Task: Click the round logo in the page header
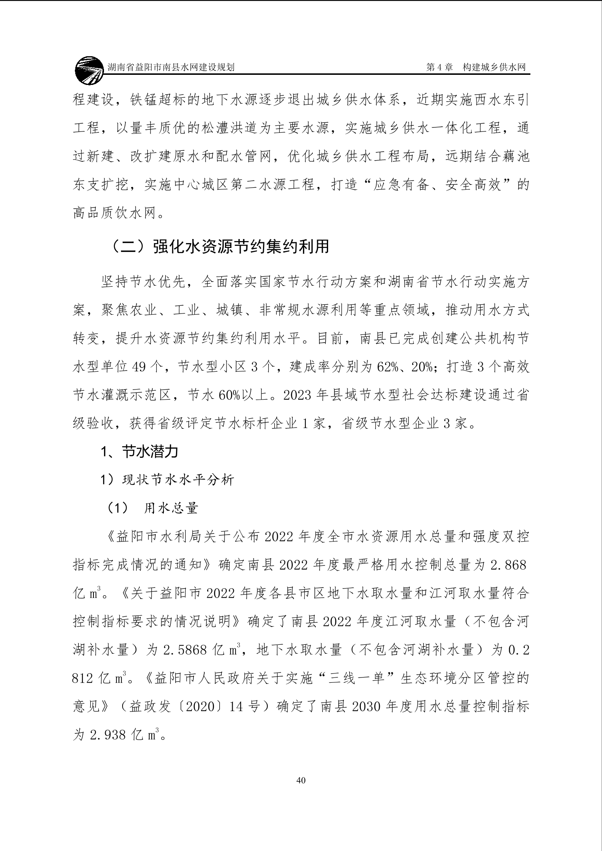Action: (x=89, y=70)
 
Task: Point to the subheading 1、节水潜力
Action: (x=139, y=452)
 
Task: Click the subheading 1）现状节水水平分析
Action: (x=167, y=480)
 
